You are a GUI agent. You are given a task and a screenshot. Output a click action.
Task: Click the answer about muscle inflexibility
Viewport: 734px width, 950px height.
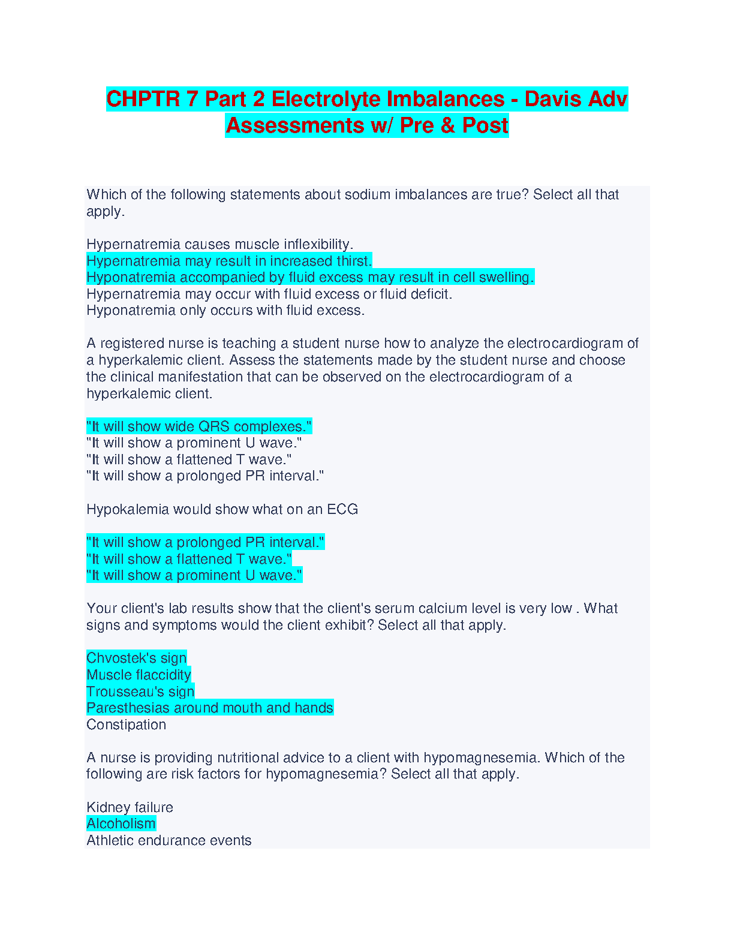pyautogui.click(x=219, y=244)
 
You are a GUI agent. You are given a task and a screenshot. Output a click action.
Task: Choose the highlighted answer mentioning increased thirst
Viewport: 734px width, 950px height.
pyautogui.click(x=229, y=261)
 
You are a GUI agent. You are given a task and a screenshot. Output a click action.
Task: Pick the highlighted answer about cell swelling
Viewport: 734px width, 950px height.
pyautogui.click(x=310, y=277)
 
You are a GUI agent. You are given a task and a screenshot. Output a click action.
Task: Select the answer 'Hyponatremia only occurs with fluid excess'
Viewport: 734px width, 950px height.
pyautogui.click(x=225, y=310)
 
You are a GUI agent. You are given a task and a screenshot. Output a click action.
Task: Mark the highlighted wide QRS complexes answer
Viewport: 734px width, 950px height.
pyautogui.click(x=199, y=426)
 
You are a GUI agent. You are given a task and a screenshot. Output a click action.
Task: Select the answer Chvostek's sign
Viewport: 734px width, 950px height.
pyautogui.click(x=137, y=658)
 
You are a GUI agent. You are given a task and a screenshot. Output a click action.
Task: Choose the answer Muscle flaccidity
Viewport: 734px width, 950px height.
pyautogui.click(x=139, y=675)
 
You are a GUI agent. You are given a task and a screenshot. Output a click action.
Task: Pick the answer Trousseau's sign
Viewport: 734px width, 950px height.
pyautogui.click(x=140, y=692)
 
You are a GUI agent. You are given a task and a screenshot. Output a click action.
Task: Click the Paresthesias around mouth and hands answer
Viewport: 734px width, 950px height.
pyautogui.click(x=210, y=708)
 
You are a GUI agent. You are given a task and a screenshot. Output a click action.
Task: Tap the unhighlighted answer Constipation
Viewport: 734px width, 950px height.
pyautogui.click(x=126, y=724)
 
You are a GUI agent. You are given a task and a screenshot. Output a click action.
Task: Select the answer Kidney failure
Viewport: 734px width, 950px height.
pyautogui.click(x=130, y=807)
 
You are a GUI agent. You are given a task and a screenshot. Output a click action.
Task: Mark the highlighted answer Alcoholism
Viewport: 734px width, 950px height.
pyautogui.click(x=121, y=823)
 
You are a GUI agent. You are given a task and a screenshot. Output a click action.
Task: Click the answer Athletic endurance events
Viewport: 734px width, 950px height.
pyautogui.click(x=169, y=840)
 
